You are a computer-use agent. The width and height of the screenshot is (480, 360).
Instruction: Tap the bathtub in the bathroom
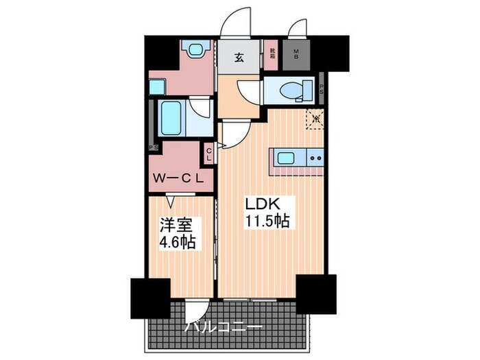168,117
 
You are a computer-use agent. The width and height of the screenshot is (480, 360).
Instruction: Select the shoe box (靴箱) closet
272,52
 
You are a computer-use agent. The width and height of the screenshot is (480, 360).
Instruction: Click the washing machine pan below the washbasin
158,87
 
